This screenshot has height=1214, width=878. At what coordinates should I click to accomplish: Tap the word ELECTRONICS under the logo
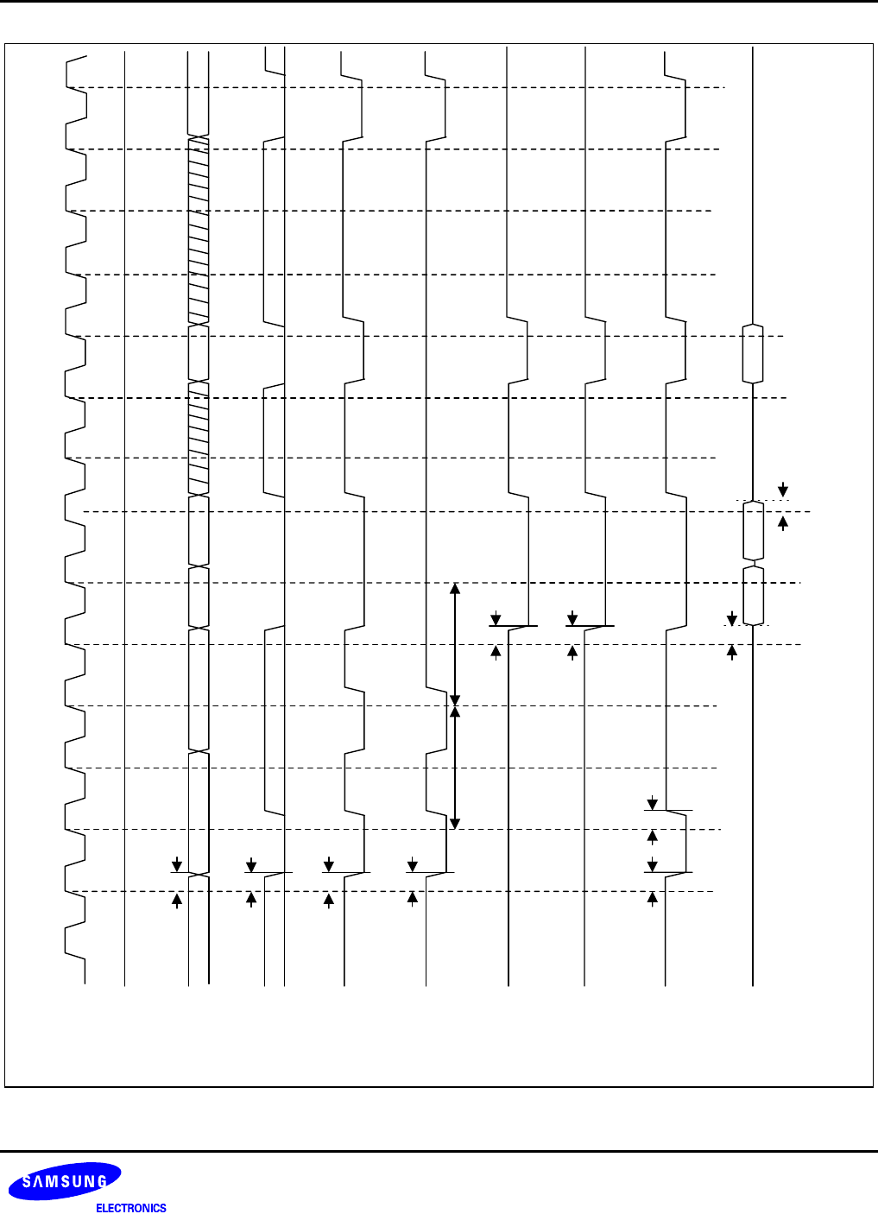coord(130,1208)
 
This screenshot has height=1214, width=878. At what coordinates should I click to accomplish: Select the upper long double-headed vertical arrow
coord(455,644)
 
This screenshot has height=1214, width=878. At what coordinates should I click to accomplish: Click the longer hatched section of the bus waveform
coord(199,231)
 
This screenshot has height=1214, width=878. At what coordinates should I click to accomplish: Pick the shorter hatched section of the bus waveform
coord(199,439)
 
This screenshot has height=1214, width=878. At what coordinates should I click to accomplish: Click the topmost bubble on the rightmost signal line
coord(753,353)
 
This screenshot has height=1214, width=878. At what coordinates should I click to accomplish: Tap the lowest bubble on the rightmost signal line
coord(753,595)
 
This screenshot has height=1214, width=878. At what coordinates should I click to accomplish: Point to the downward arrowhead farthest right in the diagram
coord(783,490)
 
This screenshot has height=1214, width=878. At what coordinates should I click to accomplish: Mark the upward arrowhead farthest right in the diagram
coord(783,522)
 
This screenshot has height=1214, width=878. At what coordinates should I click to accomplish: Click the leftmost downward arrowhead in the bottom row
coord(177,864)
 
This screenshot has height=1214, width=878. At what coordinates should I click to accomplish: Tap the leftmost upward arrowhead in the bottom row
coord(177,900)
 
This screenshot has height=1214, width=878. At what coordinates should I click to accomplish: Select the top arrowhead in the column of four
coord(653,803)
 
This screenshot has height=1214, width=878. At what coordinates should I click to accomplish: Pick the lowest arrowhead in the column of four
coord(653,899)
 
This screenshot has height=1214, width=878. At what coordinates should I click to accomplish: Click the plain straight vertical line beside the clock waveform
coord(125,518)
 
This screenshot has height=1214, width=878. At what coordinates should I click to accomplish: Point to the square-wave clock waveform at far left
coord(76,518)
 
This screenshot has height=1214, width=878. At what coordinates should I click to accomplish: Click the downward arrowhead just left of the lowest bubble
coord(732,618)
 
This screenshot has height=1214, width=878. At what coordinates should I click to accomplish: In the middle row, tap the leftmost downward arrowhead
coord(496,618)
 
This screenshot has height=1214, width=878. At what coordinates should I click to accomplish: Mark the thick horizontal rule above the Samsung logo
coord(439,1151)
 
